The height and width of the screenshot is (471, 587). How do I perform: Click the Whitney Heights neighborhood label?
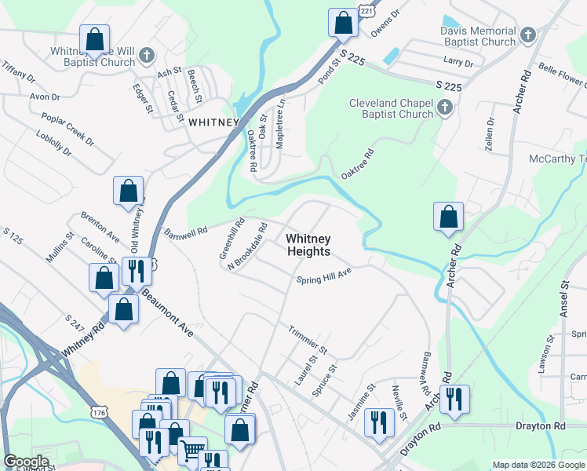(x=308, y=245)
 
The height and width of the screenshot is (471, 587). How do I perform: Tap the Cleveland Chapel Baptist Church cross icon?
(x=445, y=108)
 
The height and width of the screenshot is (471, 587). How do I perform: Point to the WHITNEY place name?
(x=213, y=122)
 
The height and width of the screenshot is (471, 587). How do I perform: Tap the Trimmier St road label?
(x=307, y=338)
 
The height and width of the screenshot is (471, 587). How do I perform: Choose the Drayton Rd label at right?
(x=541, y=425)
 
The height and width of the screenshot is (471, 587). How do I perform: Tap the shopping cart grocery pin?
(x=192, y=451)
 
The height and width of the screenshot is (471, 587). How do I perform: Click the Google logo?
(x=26, y=462)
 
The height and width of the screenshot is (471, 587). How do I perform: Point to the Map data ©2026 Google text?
(x=538, y=465)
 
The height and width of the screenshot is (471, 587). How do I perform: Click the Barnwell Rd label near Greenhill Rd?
(x=186, y=232)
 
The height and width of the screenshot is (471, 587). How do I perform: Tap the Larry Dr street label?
(x=458, y=61)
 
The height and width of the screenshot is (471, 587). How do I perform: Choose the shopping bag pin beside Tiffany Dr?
(x=94, y=38)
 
